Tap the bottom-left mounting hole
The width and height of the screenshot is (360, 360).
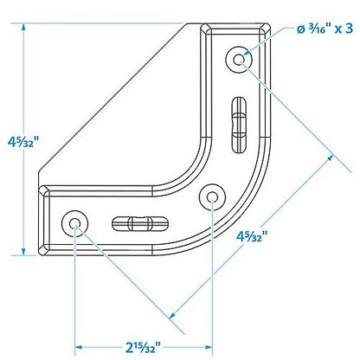pos(75,223)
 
